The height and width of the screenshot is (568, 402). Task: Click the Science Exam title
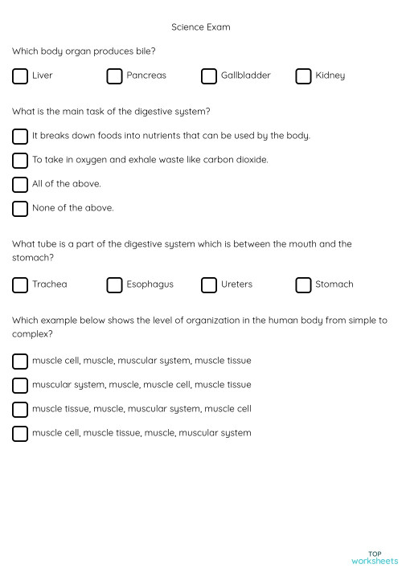(200, 27)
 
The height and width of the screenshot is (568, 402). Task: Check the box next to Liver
(20, 76)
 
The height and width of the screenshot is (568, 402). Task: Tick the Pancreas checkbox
(114, 76)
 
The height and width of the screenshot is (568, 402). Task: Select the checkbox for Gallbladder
(209, 76)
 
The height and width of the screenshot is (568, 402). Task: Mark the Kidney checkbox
(303, 76)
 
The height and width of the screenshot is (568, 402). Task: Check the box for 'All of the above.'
(20, 185)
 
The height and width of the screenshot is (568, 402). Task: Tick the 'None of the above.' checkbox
(20, 209)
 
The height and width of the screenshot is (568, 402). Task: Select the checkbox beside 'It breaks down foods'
(20, 137)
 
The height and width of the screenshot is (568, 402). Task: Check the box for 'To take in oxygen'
(20, 161)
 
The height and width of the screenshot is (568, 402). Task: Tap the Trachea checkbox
(20, 285)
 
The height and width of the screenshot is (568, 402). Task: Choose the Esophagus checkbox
(114, 285)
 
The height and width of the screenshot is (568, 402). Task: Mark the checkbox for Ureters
(209, 285)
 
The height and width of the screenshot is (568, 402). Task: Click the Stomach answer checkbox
(303, 285)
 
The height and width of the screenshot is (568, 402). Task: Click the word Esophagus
(150, 284)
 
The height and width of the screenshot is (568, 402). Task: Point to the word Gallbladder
(245, 76)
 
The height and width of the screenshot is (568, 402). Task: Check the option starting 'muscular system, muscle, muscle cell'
(20, 386)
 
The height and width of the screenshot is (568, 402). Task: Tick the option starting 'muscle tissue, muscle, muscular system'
(20, 410)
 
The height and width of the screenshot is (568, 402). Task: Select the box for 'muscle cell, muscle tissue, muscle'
(20, 434)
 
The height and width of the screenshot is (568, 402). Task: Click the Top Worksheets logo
(374, 557)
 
